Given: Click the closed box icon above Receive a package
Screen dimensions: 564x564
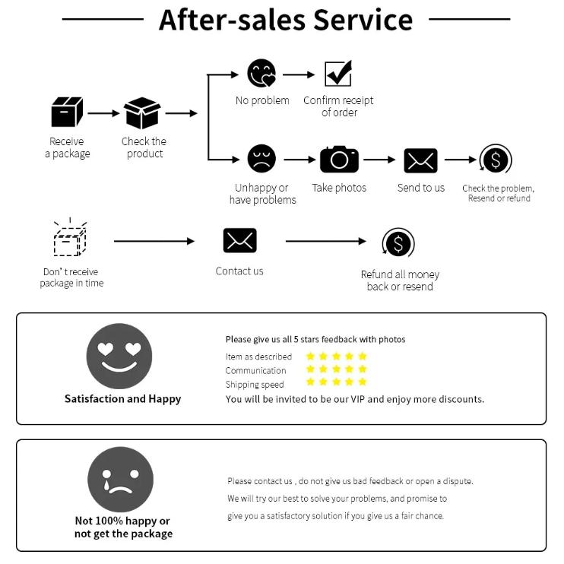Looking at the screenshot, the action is (67, 112).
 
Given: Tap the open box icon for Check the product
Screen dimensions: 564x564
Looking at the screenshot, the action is (142, 113).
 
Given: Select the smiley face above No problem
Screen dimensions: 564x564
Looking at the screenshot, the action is (261, 74).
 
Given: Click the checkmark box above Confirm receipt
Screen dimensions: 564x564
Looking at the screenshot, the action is (338, 74).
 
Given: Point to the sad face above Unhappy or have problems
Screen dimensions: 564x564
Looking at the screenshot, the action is (261, 159).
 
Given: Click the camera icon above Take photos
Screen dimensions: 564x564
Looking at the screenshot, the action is (339, 160).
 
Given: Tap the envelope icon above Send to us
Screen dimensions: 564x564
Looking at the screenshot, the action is (421, 160).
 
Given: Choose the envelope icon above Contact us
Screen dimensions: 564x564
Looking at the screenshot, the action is (240, 240).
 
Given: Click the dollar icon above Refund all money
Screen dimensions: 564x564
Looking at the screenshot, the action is (398, 243).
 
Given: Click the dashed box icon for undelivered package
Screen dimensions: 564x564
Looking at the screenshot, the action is (70, 237).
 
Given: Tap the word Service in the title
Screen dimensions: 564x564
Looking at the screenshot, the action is (363, 20).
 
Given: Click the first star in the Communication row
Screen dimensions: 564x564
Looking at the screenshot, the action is (310, 369).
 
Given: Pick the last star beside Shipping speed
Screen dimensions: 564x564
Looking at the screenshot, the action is (363, 382).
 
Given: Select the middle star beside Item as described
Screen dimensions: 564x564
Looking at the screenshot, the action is (336, 356).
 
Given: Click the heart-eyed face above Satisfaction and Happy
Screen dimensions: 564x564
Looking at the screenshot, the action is (119, 356).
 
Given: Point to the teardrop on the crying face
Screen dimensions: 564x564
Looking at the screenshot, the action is (106, 485).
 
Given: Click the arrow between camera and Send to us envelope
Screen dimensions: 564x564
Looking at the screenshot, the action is (379, 160).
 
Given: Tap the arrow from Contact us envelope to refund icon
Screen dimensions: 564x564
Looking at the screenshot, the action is (326, 241).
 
